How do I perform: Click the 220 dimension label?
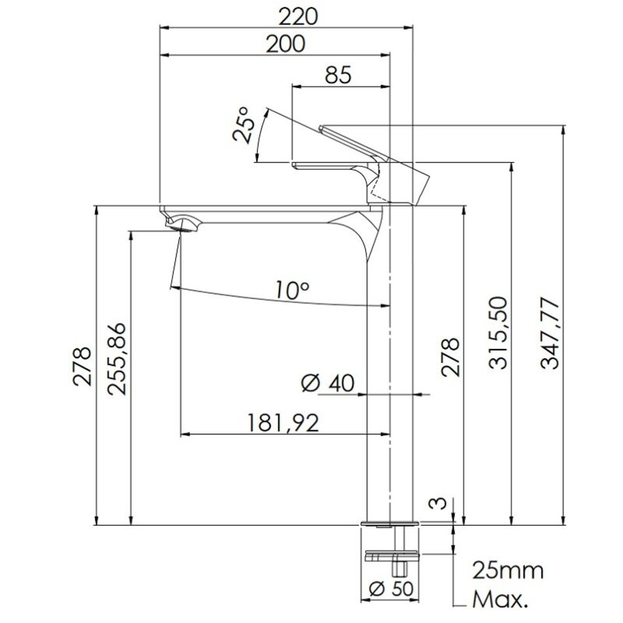[x=298, y=16]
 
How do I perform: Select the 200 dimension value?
[x=286, y=44]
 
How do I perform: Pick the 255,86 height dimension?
[x=117, y=358]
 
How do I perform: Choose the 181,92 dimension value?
[x=283, y=422]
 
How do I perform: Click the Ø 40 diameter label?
[x=328, y=384]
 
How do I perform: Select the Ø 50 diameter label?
[x=392, y=588]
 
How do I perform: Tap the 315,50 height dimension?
[x=498, y=333]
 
